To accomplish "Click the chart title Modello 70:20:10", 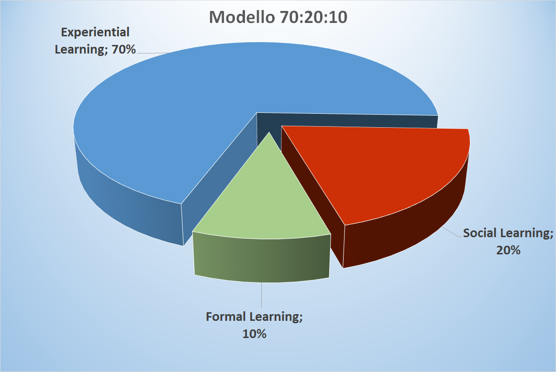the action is click(x=278, y=17).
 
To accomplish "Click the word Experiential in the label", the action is click(x=95, y=33).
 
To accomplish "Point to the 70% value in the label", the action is click(x=124, y=49).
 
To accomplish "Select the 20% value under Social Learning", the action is click(x=508, y=250).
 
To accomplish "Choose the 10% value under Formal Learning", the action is click(x=254, y=334).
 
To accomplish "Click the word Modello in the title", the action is click(x=242, y=17).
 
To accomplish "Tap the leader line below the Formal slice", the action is click(x=262, y=295).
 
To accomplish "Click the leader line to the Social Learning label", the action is click(x=452, y=232).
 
